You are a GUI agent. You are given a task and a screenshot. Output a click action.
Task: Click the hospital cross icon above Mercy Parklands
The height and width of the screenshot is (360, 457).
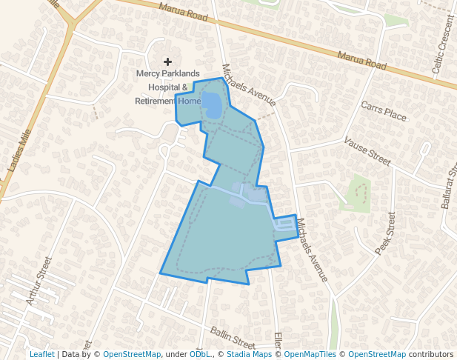(x=167, y=61)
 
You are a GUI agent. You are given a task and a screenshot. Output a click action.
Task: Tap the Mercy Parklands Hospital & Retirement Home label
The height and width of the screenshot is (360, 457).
(x=168, y=87)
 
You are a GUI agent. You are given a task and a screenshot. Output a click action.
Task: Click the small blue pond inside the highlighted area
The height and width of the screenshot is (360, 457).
(x=211, y=106)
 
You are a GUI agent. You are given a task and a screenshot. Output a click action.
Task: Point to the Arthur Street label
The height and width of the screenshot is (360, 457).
(x=39, y=281)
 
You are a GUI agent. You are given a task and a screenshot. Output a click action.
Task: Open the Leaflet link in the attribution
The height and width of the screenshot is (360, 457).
(x=41, y=355)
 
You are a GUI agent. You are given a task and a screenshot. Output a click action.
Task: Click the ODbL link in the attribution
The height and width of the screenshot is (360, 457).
(x=199, y=355)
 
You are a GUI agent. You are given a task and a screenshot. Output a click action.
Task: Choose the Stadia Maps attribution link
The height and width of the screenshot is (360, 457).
(x=249, y=355)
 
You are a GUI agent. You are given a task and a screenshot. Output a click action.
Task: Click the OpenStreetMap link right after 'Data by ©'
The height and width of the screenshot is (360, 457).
(x=132, y=355)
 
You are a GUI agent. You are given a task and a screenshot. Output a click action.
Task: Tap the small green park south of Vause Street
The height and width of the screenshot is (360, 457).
(x=358, y=193)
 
